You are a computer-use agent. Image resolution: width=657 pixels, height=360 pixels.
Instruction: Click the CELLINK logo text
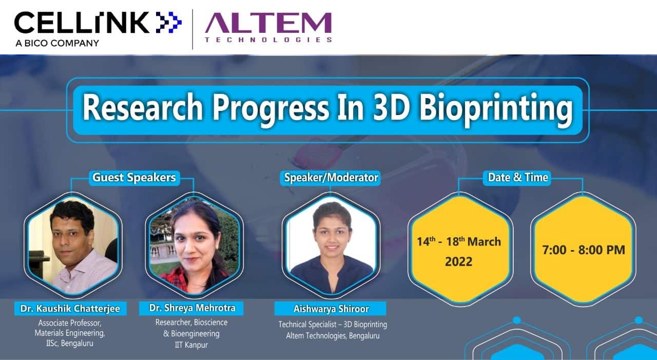coord(82,22)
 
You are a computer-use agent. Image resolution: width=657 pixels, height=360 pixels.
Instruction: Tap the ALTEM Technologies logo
coord(268,28)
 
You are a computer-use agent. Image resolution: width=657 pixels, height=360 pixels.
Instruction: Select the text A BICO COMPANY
coord(57,43)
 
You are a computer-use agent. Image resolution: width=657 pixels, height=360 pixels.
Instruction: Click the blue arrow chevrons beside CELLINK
coord(169,22)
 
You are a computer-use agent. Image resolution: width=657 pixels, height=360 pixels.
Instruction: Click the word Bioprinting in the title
coord(496,108)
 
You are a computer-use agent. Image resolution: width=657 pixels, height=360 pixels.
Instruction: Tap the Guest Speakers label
coord(134,178)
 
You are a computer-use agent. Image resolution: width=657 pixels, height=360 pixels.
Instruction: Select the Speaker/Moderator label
coord(331,178)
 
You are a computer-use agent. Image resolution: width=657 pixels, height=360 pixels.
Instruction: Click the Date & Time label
coord(518,177)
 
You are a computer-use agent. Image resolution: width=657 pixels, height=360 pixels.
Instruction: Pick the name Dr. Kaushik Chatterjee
coord(70,308)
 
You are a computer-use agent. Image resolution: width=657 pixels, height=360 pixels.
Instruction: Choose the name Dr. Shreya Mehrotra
coord(192,308)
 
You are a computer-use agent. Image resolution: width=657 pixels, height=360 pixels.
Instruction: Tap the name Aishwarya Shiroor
coord(331,309)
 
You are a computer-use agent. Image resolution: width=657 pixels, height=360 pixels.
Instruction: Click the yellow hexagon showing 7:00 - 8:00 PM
coord(584,250)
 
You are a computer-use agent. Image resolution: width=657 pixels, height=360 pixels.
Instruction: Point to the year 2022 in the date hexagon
coord(458,262)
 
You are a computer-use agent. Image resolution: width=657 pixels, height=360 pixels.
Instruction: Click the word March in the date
coord(484,242)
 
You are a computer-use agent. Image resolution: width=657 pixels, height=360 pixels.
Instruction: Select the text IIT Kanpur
coord(191,345)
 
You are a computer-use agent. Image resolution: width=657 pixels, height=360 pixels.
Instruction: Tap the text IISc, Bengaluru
coord(70,343)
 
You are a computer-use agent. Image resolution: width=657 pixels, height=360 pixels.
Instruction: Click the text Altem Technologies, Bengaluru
coord(333,336)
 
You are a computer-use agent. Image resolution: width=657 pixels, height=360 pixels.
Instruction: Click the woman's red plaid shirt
coord(181,279)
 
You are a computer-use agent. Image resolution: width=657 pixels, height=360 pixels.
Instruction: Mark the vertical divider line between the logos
coord(192,29)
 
